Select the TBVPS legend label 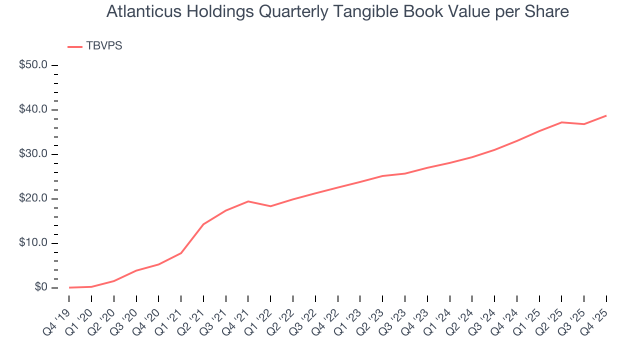coord(104,46)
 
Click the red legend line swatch coord(75,46)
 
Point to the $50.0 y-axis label coord(33,65)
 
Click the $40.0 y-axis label coord(33,109)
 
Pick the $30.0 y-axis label coord(33,154)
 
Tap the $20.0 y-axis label coord(33,198)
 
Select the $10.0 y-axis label coord(33,243)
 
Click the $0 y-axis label coord(40,287)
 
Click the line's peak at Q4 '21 coord(248,201)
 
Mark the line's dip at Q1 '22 coord(270,206)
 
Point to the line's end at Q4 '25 coord(606,115)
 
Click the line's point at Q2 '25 coord(561,122)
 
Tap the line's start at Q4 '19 coord(69,287)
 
